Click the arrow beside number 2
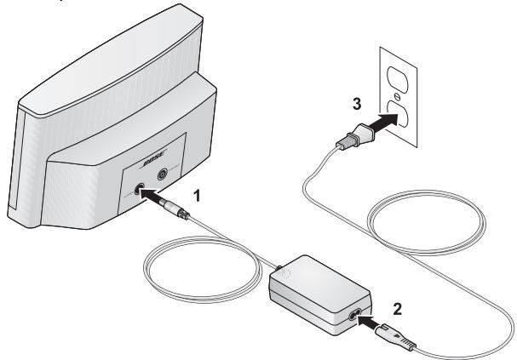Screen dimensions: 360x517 coord(373,322)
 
